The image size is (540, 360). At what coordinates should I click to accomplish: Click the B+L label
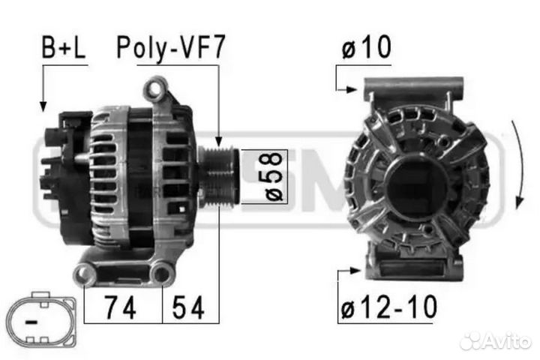pos(63,49)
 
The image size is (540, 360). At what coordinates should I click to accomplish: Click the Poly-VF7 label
pos(170,49)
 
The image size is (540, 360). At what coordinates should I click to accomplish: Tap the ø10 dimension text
pos(366,49)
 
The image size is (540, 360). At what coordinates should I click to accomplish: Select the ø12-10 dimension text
pos(388,306)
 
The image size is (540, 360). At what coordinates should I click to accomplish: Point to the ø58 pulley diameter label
pos(274,176)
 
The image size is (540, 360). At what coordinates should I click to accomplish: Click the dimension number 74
pos(120,306)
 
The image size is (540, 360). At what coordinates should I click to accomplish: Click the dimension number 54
pos(188,306)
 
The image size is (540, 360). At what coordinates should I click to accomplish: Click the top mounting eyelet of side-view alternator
pos(155,91)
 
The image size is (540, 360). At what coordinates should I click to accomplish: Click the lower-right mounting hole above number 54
pos(160,275)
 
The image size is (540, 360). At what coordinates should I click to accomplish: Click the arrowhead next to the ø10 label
pos(352,90)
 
